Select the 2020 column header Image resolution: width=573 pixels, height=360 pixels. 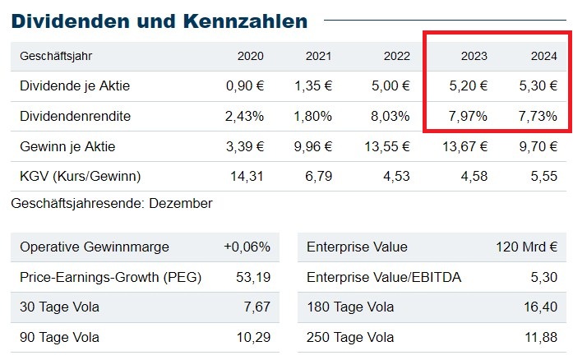(251, 56)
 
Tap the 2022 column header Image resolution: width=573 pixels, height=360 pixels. (396, 56)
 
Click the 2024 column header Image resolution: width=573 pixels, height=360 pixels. (543, 56)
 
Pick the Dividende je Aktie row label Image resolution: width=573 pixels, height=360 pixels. (75, 85)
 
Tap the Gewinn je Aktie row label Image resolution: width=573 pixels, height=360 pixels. (67, 146)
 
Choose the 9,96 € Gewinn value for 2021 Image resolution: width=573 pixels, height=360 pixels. (313, 146)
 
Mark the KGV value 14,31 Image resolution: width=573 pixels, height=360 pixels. (246, 177)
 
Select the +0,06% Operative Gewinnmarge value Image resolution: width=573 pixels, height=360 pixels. (247, 247)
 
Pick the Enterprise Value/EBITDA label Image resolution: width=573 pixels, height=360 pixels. (384, 277)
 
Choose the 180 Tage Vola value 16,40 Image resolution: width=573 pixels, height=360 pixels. (540, 307)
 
